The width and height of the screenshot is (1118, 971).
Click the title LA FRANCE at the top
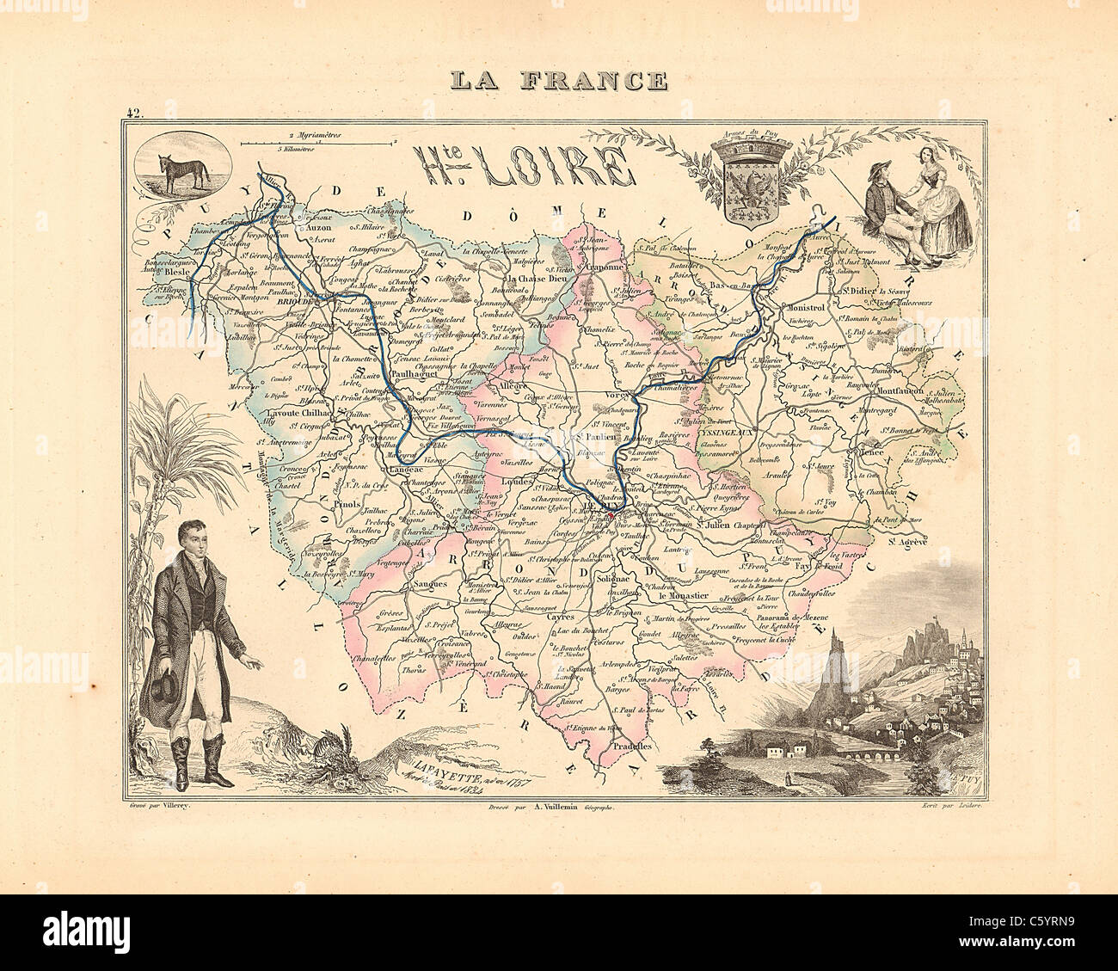point(559,81)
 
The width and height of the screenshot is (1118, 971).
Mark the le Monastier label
point(684,594)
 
